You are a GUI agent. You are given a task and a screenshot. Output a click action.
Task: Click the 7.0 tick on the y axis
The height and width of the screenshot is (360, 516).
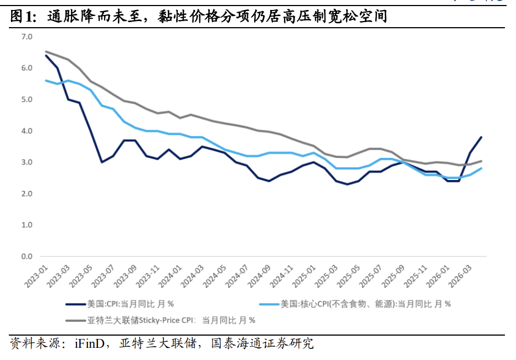click(27, 37)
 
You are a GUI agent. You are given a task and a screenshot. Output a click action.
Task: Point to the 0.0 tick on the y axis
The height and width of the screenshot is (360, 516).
click(27, 256)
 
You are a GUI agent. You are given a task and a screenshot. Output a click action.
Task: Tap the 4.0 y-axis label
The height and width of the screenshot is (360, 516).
click(27, 131)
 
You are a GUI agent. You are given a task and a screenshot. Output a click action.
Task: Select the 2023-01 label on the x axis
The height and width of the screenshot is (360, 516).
click(36, 277)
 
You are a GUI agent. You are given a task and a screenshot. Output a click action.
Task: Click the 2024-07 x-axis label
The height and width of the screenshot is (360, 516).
click(236, 277)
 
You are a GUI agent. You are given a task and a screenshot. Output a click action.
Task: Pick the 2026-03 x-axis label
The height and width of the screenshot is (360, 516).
click(460, 277)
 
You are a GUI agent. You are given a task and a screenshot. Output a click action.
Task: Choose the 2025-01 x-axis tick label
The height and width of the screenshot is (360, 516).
click(303, 277)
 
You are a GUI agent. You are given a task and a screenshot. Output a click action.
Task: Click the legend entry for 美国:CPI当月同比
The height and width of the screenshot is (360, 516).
click(130, 304)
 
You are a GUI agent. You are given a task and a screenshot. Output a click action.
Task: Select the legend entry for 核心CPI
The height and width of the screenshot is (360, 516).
click(365, 304)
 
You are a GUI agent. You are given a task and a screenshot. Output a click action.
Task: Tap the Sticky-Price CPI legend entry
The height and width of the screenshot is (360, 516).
click(171, 320)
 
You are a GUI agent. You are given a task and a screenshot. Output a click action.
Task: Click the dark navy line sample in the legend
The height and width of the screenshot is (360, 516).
click(75, 305)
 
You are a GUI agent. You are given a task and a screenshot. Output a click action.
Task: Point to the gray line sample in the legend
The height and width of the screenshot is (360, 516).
click(75, 321)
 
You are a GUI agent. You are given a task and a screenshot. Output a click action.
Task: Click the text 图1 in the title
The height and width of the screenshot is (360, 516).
click(23, 16)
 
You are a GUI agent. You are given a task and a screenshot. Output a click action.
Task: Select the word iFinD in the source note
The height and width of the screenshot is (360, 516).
click(90, 343)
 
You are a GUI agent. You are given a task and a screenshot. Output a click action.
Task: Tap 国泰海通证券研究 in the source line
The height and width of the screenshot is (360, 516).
click(262, 343)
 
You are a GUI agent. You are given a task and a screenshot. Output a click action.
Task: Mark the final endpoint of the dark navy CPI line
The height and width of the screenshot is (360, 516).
click(482, 137)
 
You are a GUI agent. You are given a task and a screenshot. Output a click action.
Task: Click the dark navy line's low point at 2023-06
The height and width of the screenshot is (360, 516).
click(102, 162)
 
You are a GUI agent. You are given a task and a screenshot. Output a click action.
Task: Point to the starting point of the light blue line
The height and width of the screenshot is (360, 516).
click(46, 81)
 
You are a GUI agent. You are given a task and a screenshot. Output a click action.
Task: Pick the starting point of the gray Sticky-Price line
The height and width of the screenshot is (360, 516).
click(46, 52)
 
